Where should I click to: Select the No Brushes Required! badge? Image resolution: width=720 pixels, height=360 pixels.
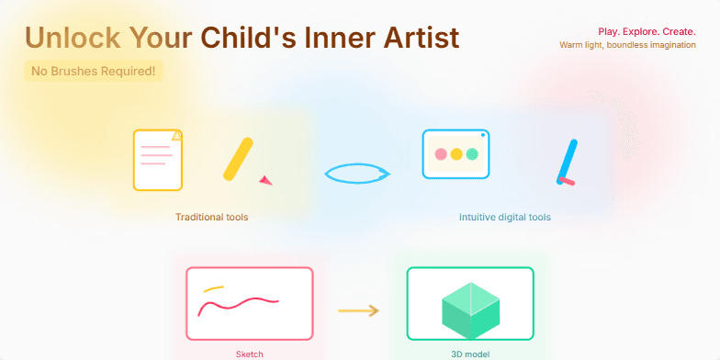point(93,71)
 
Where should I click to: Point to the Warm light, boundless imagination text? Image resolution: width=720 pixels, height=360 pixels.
point(627,44)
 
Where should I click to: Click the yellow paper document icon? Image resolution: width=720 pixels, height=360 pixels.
point(157,159)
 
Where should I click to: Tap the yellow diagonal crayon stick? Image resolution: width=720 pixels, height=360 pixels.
point(238,158)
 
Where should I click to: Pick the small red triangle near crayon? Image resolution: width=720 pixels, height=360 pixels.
point(266,180)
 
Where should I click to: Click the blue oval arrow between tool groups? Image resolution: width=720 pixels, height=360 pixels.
point(357,174)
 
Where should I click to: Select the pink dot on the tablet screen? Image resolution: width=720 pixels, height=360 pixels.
point(441,154)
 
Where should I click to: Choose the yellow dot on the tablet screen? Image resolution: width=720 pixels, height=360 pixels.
point(456,154)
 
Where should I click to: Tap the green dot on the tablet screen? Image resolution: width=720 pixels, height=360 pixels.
point(472,154)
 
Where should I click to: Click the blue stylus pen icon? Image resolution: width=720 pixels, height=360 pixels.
point(567,162)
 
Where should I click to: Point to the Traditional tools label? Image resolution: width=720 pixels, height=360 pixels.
point(211,218)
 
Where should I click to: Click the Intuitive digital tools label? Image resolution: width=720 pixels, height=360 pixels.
point(504,218)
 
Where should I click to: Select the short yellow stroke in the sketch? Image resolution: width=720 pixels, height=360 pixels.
point(214,288)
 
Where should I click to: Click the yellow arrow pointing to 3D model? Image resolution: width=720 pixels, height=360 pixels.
point(358,310)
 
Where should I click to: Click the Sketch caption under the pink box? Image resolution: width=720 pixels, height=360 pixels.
point(249,354)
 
